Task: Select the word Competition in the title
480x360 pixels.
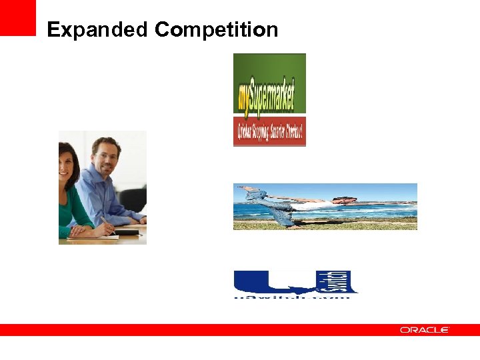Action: coord(216,30)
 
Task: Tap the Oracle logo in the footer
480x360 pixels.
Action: coord(425,330)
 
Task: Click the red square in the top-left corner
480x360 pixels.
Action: coord(17,17)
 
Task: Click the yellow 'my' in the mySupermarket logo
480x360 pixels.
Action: coord(243,99)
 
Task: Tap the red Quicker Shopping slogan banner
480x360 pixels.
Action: coord(269,132)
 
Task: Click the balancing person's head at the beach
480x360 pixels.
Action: coord(339,200)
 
